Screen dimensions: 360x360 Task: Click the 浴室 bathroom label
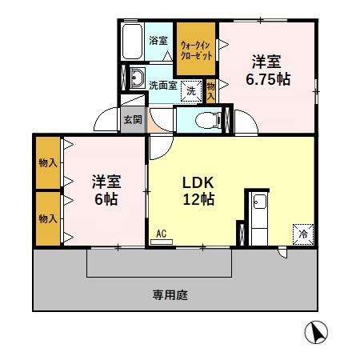(158, 40)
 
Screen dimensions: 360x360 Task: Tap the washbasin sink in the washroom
(136, 80)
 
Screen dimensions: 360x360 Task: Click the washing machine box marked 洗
(192, 91)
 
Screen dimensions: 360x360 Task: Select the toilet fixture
(210, 120)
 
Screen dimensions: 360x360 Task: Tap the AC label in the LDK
(161, 234)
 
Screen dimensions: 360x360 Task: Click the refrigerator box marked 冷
(304, 234)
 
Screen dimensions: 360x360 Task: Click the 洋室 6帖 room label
(105, 190)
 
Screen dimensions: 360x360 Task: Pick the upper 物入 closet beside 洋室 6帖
(48, 163)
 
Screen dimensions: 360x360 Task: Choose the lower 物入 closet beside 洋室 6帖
(48, 218)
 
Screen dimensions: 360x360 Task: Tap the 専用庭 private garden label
(170, 294)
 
